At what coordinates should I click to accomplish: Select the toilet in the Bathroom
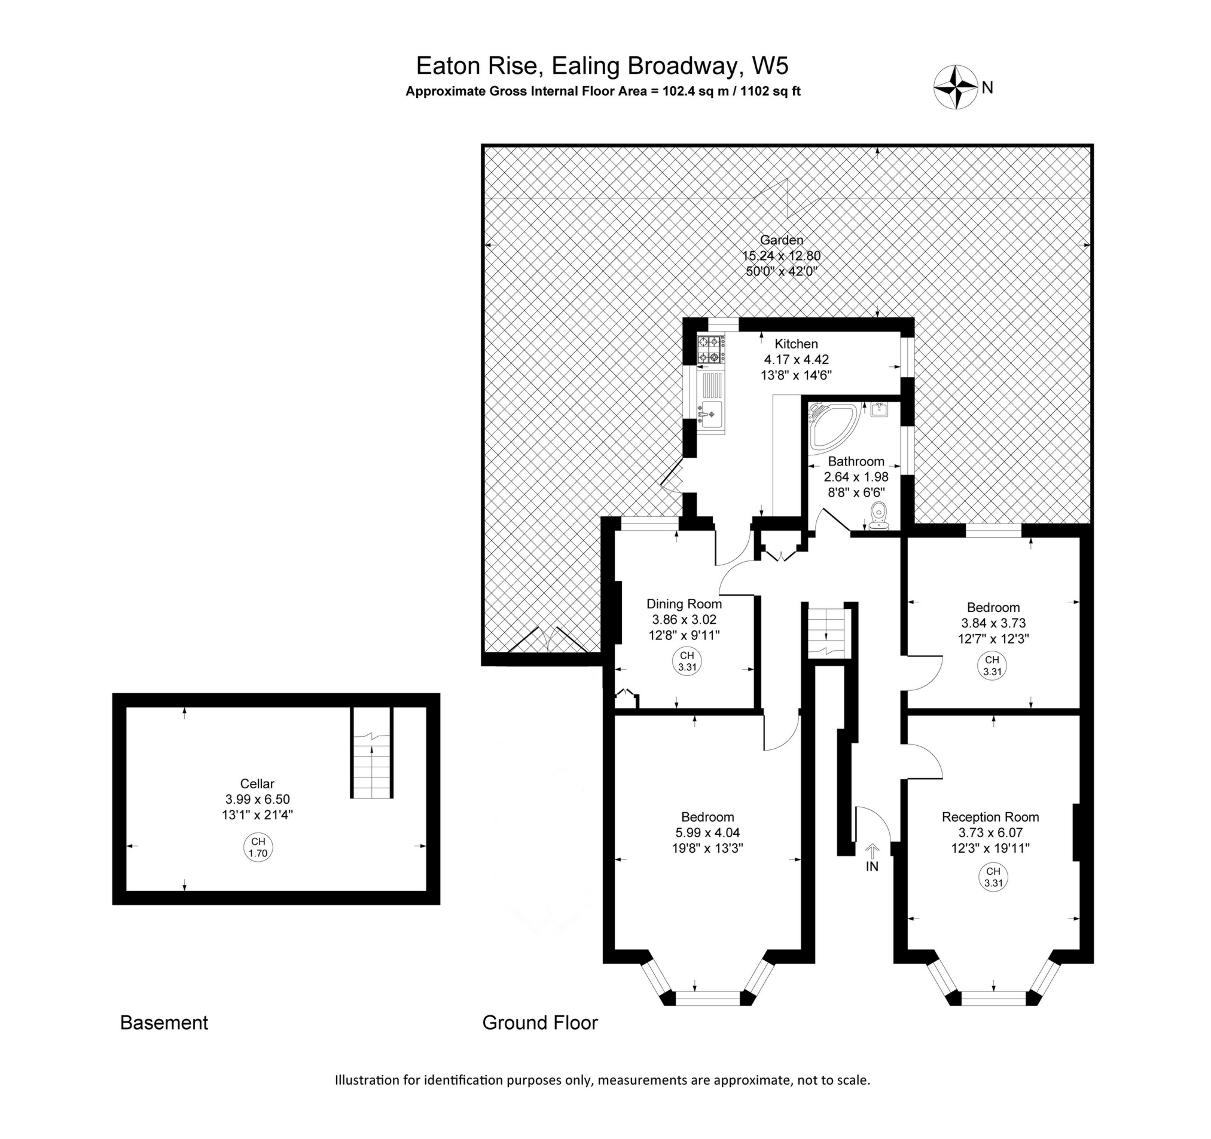click(878, 516)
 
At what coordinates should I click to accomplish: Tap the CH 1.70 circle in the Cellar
click(258, 847)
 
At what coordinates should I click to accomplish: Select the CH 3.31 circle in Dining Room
click(687, 661)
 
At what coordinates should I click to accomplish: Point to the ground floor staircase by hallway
click(825, 633)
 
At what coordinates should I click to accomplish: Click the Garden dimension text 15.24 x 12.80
click(781, 256)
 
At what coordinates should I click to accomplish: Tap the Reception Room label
click(990, 817)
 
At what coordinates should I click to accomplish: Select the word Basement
click(164, 1022)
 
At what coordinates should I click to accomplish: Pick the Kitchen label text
click(795, 344)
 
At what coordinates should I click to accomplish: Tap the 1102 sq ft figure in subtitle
click(770, 92)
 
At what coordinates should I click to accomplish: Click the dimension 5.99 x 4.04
click(707, 833)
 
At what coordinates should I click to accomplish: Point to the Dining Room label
click(684, 604)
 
